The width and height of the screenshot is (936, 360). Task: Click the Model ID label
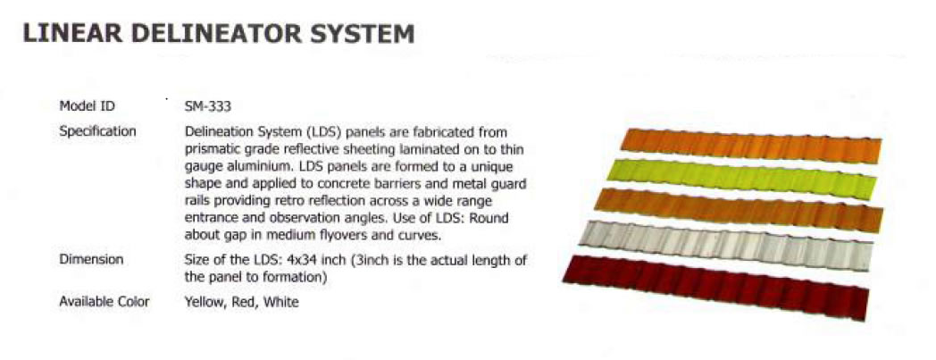(x=88, y=106)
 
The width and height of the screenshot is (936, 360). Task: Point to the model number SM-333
(x=208, y=107)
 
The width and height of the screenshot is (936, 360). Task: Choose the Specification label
(x=97, y=131)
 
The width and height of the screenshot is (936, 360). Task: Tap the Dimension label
(x=91, y=260)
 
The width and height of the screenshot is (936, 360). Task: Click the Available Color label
(x=104, y=302)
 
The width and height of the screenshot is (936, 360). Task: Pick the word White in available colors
(x=281, y=302)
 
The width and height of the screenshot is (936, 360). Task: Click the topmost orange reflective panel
(x=751, y=145)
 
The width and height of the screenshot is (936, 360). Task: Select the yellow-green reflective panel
(x=740, y=178)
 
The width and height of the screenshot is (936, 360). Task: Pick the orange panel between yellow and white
(x=739, y=210)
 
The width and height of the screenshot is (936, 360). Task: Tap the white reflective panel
(x=726, y=245)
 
